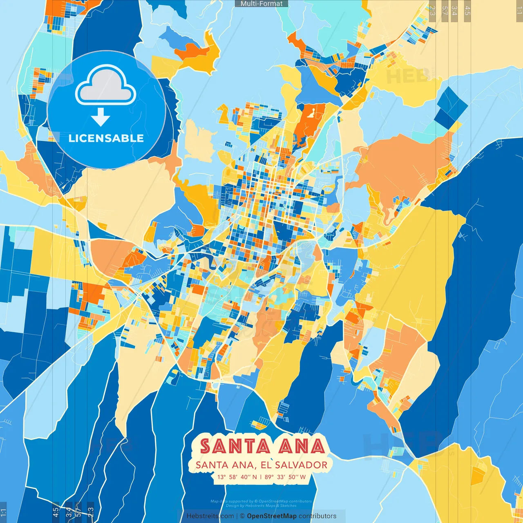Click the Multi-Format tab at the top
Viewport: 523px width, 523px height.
click(x=261, y=4)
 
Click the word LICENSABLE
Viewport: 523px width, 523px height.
click(x=106, y=138)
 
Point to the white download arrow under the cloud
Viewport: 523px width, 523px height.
click(x=101, y=118)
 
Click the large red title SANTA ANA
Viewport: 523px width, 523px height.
click(x=262, y=446)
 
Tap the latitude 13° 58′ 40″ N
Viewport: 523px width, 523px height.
click(x=237, y=477)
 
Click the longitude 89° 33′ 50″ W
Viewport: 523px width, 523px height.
click(x=285, y=477)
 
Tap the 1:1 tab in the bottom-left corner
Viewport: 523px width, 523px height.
click(x=3, y=512)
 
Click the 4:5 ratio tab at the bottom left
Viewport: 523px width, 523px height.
click(x=56, y=512)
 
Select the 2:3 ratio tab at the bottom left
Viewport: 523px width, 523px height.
click(x=91, y=512)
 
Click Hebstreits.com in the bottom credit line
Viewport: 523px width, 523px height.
click(x=210, y=516)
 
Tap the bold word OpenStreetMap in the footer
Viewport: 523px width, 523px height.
click(x=272, y=516)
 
